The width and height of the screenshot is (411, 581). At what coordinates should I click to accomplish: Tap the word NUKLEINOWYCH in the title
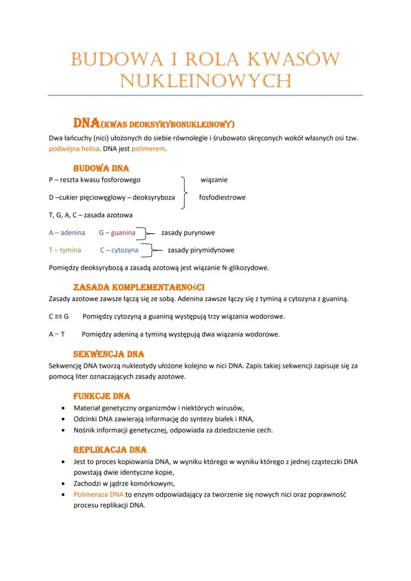click(x=205, y=80)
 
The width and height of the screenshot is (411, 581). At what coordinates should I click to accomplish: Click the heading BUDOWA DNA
click(x=101, y=169)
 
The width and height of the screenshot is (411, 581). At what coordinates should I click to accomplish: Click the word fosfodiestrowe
click(x=222, y=197)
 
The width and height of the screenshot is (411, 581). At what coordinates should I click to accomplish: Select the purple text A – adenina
click(x=67, y=232)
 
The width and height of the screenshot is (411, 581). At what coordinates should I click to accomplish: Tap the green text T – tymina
click(x=65, y=250)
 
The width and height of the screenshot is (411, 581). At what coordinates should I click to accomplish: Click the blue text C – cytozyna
click(x=119, y=250)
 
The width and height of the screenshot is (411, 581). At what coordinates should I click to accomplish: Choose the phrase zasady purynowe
click(x=188, y=232)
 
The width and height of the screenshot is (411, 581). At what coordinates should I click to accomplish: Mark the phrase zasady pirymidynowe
click(x=201, y=250)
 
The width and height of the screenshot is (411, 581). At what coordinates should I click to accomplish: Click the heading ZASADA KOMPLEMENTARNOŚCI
click(x=139, y=288)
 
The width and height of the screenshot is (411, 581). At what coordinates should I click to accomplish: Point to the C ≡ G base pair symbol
click(x=59, y=317)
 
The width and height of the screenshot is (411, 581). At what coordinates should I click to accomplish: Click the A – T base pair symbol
click(x=57, y=334)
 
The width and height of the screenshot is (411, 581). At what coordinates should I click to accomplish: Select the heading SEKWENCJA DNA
click(x=109, y=355)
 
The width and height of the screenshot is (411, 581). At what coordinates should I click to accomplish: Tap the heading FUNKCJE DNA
click(x=102, y=396)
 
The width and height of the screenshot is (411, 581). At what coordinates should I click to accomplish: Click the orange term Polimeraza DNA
click(x=98, y=495)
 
